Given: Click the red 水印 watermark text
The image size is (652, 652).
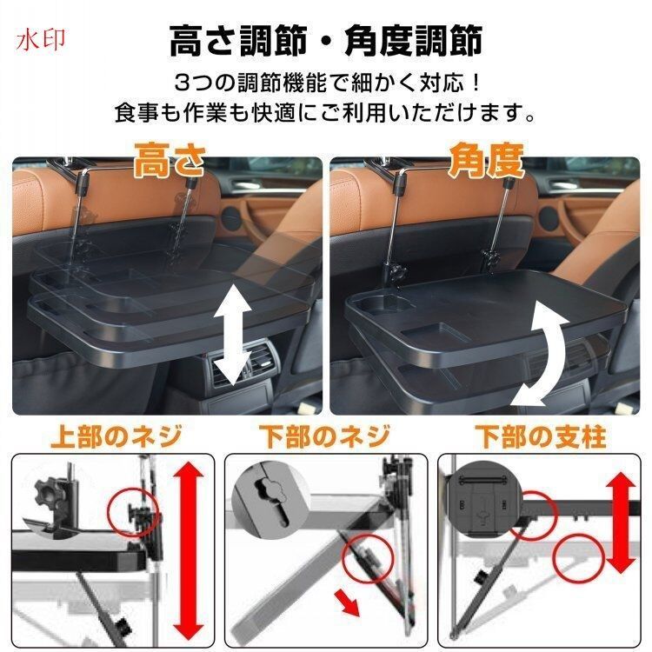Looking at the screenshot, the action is click(41, 40).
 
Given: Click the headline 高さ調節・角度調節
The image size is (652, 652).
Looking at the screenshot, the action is click(326, 40).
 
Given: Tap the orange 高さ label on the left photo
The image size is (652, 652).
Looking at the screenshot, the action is click(170, 161).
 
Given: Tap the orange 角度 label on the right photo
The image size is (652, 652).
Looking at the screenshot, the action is click(486, 161).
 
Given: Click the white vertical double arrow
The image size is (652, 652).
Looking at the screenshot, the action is click(233, 335).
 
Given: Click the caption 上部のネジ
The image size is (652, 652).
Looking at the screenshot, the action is click(116, 436).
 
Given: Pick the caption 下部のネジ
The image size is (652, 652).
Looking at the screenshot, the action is click(325, 436).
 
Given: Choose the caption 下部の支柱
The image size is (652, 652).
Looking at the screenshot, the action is click(541, 436).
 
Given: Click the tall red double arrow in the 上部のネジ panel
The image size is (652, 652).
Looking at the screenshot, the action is click(189, 550).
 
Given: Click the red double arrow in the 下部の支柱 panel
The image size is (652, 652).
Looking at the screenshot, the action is click(621, 522).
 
